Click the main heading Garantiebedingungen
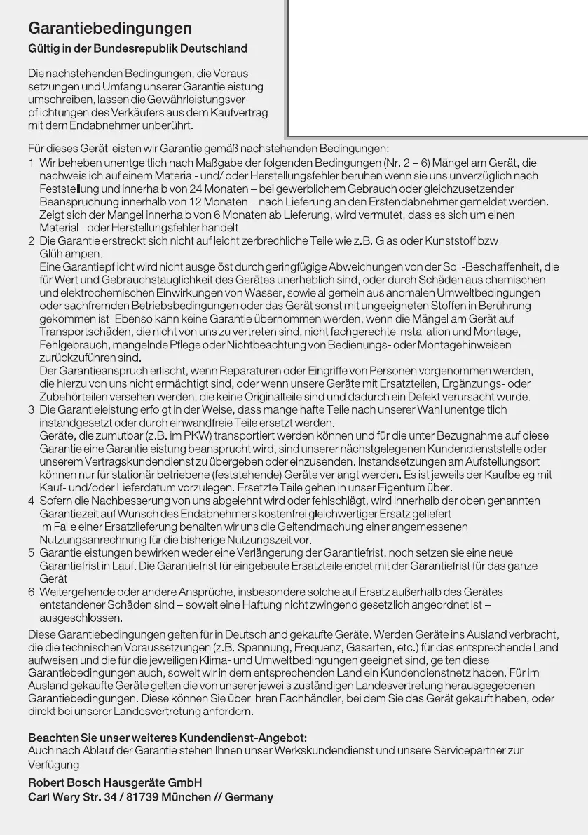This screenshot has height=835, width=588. click(x=110, y=29)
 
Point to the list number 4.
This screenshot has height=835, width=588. click(x=32, y=501)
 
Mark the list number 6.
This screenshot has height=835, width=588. click(x=32, y=592)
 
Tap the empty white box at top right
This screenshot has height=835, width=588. click(x=438, y=67)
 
